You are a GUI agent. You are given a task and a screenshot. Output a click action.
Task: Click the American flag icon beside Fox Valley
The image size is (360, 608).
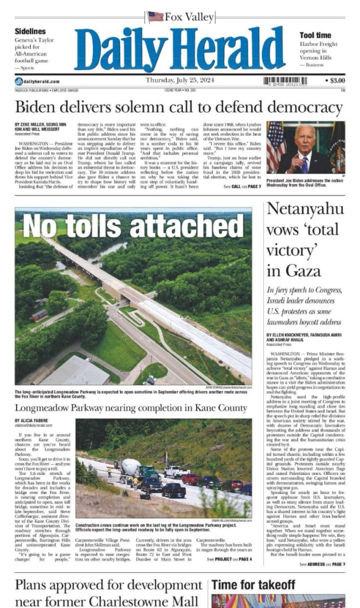pos(155,17)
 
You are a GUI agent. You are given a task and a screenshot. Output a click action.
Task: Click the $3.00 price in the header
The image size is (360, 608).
pos(337,80)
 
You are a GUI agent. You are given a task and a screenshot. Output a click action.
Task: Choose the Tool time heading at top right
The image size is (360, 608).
pos(315,36)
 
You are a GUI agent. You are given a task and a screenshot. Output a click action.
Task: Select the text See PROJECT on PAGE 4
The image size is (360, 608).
pos(230,559)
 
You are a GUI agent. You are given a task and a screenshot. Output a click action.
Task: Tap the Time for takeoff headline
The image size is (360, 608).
pos(254,585)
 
